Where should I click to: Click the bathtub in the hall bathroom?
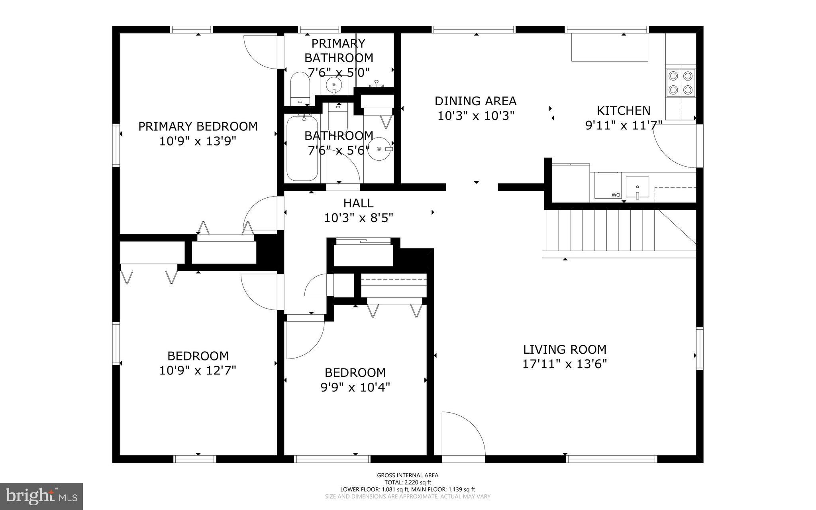(302, 148)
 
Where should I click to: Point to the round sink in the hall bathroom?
(380, 149)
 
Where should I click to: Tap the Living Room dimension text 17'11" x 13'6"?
(565, 364)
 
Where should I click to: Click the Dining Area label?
(475, 101)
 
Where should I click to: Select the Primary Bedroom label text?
(198, 126)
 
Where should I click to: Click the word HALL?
(358, 203)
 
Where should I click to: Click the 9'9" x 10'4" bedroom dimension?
(355, 387)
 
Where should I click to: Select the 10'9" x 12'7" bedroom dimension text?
(198, 370)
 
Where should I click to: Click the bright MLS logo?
(41, 496)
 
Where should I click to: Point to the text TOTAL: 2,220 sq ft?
(408, 482)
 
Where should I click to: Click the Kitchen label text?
(623, 110)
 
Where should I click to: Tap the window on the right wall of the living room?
(699, 348)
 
